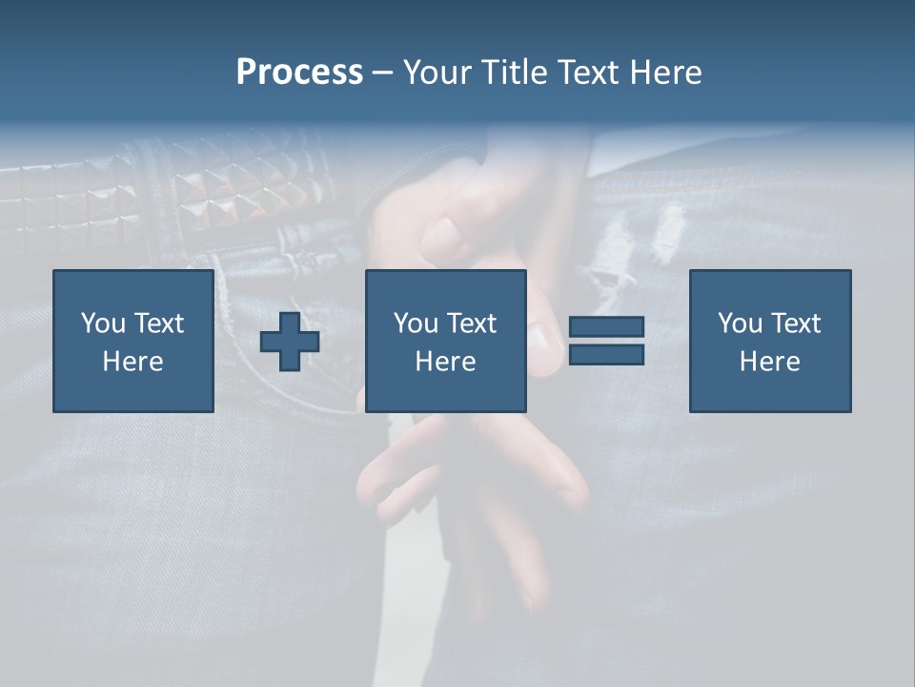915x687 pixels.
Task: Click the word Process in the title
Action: pos(299,73)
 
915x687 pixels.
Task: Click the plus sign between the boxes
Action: pos(290,342)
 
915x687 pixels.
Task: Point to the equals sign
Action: pos(606,341)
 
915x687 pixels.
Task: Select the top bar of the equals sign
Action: pos(606,327)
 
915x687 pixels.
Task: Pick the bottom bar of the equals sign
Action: pos(606,354)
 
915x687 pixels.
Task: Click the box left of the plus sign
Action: pos(133,341)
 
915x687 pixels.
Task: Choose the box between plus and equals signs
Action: pos(446,341)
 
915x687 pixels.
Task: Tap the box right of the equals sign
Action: pos(770,341)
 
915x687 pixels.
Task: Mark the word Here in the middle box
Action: pos(446,362)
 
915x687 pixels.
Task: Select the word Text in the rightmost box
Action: pos(797,323)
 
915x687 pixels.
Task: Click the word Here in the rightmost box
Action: pos(770,362)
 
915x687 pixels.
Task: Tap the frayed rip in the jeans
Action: pos(648,239)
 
